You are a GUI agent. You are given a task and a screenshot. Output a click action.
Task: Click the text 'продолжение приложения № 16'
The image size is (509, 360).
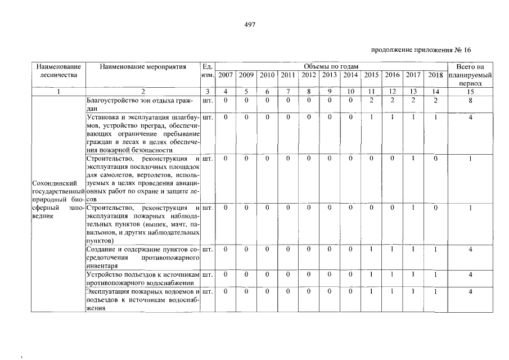tap(421, 49)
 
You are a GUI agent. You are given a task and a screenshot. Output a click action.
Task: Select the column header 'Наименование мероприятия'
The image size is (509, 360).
tap(142, 67)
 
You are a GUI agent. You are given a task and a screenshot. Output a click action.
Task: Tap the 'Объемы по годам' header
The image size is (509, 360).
tap(331, 67)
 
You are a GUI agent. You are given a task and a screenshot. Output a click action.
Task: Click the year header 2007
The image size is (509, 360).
tap(226, 75)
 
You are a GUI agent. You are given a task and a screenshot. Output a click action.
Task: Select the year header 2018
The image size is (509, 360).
tap(435, 75)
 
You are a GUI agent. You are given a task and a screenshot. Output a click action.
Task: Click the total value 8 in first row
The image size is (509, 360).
tap(470, 101)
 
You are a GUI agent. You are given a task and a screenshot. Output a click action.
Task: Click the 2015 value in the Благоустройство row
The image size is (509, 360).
tap(371, 101)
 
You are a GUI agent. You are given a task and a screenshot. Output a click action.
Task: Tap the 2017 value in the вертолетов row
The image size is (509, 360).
tap(413, 159)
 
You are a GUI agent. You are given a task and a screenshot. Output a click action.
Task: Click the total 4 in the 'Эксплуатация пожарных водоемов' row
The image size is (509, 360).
tap(470, 292)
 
